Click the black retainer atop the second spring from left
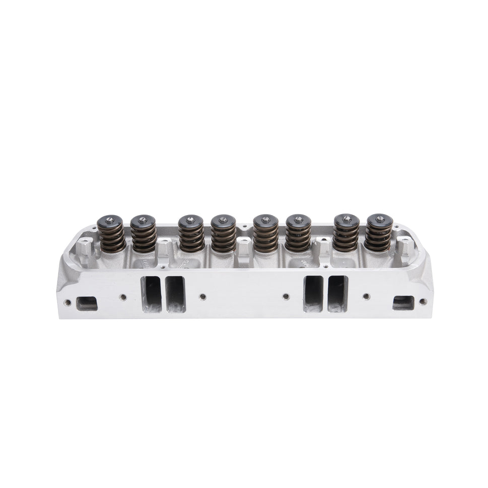(x=143, y=221)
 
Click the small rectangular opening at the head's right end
(x=403, y=303)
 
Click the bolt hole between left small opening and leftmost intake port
(x=121, y=297)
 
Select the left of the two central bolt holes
(x=202, y=297)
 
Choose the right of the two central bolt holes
(x=286, y=297)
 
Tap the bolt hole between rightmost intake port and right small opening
(x=366, y=297)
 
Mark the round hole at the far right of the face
(x=423, y=302)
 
